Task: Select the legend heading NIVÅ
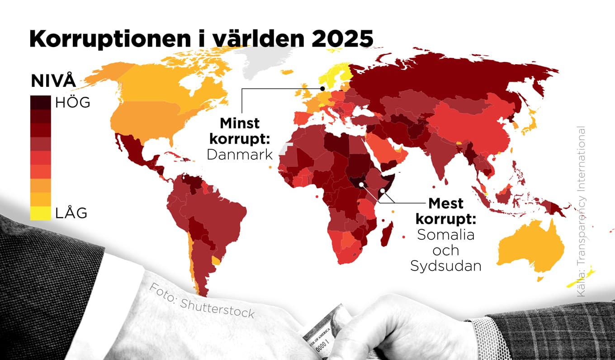[x=53, y=81]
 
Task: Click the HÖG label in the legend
[x=73, y=103]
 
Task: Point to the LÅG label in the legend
[x=71, y=213]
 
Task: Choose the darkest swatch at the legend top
[x=40, y=103]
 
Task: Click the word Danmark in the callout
[x=240, y=155]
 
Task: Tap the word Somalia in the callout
[x=445, y=235]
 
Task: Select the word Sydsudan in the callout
[x=445, y=266]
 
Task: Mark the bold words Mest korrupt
[x=446, y=211]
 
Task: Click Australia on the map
[x=531, y=249]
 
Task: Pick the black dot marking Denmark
[x=323, y=89]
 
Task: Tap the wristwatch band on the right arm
[x=488, y=337]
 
